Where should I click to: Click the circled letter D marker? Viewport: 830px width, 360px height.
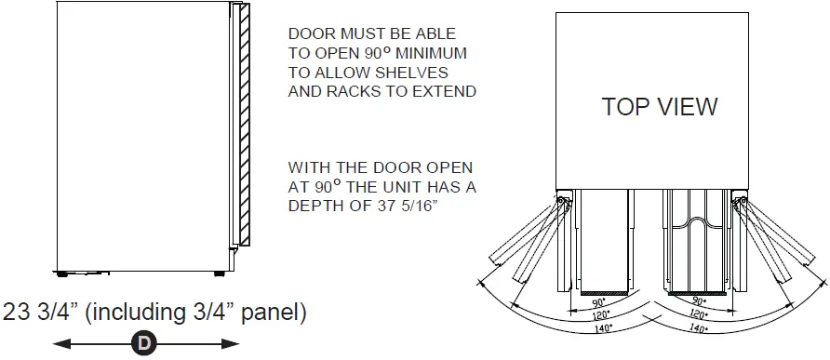144,344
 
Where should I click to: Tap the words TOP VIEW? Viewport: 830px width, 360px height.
660,107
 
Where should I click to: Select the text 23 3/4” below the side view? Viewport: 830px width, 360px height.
40,313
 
